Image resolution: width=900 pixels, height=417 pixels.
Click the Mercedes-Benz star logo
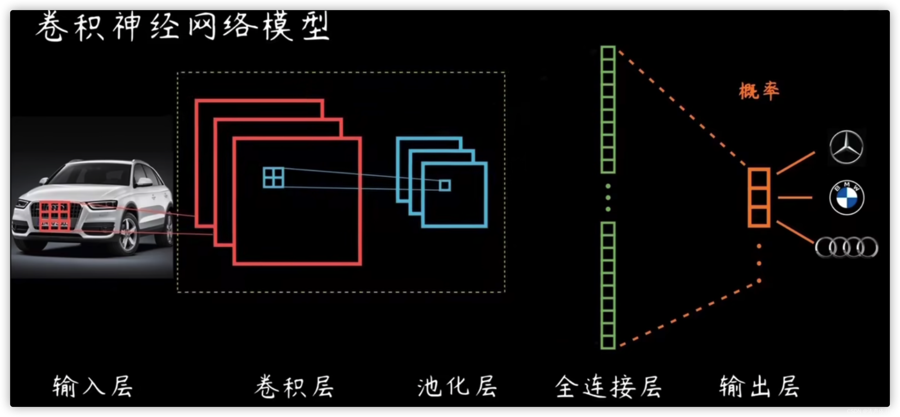coord(846,147)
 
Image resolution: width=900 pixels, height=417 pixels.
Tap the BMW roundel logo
coord(847,198)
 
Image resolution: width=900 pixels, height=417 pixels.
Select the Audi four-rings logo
coord(846,247)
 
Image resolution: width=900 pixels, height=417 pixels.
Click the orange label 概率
coord(758,91)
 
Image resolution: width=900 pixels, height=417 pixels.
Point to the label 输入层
coord(93,386)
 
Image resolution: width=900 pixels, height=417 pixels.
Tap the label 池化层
coord(457,386)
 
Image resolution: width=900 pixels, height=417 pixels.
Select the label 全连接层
coord(608,386)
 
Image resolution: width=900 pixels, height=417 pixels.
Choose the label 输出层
coord(759,386)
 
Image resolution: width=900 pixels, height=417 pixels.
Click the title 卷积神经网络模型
coord(182,26)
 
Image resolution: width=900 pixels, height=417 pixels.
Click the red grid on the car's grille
coord(55,216)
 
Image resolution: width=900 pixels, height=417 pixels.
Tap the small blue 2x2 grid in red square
coord(274,177)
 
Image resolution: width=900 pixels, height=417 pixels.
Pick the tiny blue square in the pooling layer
coord(445,185)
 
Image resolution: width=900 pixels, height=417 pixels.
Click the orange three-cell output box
coord(759,198)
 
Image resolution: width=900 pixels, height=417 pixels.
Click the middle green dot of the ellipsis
coord(608,198)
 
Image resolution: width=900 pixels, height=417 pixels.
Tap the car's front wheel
coord(129,234)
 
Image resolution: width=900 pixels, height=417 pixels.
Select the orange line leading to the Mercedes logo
coord(796,163)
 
